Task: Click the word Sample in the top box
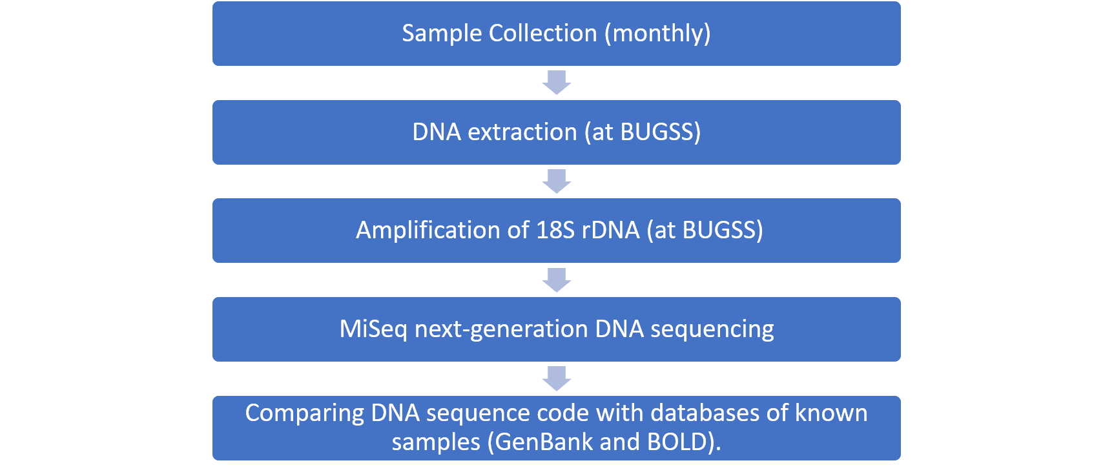442,34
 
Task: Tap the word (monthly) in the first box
657,34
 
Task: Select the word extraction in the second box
522,132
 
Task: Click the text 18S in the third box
555,231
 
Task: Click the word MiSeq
373,329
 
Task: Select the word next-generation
501,329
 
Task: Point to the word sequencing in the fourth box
712,329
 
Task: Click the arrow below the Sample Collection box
557,83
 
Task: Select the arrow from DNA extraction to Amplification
557,181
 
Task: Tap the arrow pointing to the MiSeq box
557,280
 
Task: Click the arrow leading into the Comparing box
557,378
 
